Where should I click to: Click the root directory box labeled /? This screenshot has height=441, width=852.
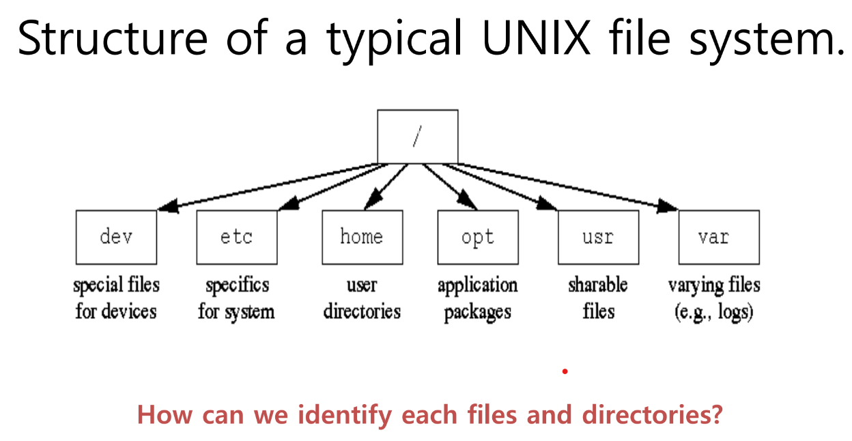click(x=417, y=137)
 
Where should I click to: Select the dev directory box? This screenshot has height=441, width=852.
click(x=116, y=237)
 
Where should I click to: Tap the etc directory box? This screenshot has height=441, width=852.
click(x=236, y=237)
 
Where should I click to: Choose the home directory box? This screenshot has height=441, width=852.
click(x=362, y=237)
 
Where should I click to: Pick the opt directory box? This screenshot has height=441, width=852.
click(x=477, y=237)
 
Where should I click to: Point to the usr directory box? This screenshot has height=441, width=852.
click(x=598, y=237)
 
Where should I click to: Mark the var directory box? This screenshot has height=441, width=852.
click(x=718, y=237)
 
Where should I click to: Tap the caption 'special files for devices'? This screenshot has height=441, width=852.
click(x=116, y=298)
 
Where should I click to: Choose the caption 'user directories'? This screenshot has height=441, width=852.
click(x=362, y=298)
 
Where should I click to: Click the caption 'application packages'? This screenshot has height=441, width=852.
click(x=477, y=298)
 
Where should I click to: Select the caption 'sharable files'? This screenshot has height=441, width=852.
click(x=598, y=298)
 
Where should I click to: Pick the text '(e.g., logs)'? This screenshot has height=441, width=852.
click(x=714, y=312)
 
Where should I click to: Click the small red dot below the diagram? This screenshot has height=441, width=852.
click(x=565, y=371)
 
